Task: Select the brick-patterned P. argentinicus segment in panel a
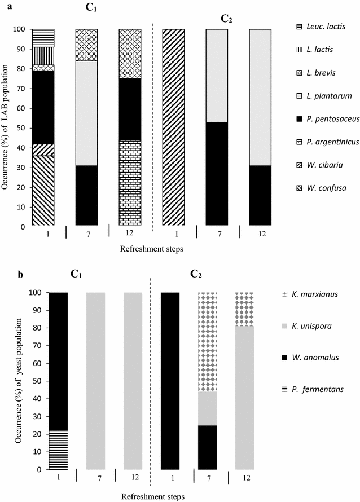coord(130,182)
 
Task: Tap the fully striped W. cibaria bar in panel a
coord(173,127)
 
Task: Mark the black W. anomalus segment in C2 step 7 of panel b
coord(209,447)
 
